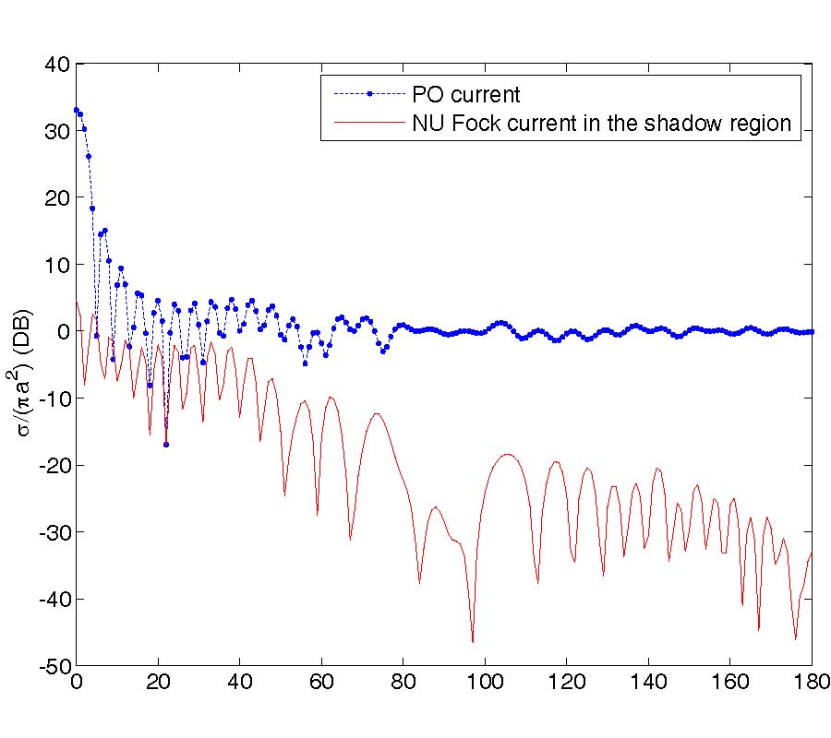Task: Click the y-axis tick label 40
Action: pyautogui.click(x=58, y=65)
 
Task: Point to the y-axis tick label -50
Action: pyautogui.click(x=54, y=666)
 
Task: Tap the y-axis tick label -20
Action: pyautogui.click(x=54, y=466)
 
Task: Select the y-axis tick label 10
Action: pyautogui.click(x=58, y=265)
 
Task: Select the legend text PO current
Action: pyautogui.click(x=466, y=93)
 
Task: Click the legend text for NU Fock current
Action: pyautogui.click(x=602, y=125)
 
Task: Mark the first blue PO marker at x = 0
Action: pyautogui.click(x=77, y=110)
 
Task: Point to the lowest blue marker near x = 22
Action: pyautogui.click(x=166, y=445)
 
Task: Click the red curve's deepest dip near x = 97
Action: pyautogui.click(x=472, y=641)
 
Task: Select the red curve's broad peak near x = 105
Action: pyautogui.click(x=506, y=454)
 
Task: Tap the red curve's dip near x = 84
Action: pyautogui.click(x=419, y=583)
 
